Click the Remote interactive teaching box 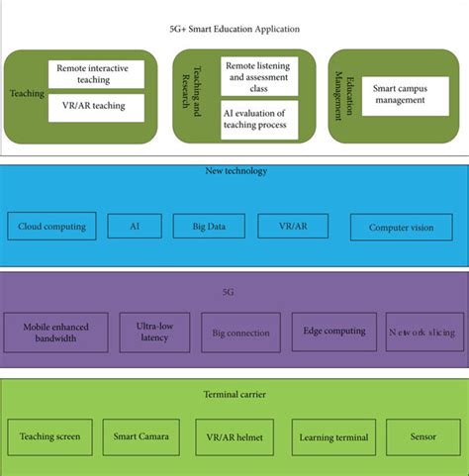tap(95, 74)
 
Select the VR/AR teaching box tap(95, 107)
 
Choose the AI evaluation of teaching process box tap(261, 117)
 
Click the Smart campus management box tap(398, 95)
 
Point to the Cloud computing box tap(52, 227)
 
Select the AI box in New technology tap(134, 227)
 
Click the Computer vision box tap(401, 228)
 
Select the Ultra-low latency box tap(154, 332)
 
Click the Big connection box tap(240, 333)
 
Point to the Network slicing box tap(422, 333)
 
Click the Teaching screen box tap(50, 436)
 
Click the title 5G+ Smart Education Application tap(234, 30)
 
